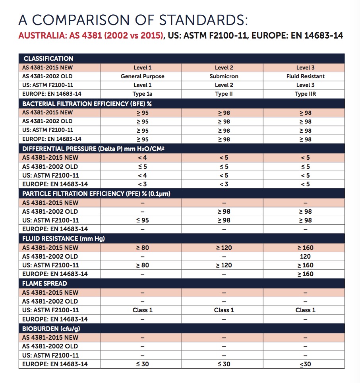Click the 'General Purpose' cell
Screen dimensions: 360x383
(142, 76)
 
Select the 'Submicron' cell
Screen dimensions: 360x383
(224, 76)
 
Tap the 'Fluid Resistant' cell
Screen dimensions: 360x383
(305, 76)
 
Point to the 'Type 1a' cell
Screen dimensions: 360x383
(142, 94)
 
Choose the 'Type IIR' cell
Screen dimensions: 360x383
(305, 94)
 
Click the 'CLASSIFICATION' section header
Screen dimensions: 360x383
(48, 59)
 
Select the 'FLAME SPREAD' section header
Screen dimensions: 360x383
(45, 284)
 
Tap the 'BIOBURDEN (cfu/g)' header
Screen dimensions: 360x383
(51, 329)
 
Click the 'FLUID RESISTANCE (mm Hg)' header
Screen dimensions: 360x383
(64, 239)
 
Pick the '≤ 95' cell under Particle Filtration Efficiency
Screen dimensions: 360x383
(142, 221)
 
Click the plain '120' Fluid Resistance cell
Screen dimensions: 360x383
(305, 257)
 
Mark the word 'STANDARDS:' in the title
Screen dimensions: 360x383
(204, 20)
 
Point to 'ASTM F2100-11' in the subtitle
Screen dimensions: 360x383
(215, 36)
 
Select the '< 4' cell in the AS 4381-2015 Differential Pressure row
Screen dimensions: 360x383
(142, 158)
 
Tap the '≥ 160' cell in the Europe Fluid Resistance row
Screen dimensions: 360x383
(305, 274)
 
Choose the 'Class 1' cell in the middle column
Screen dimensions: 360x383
(224, 310)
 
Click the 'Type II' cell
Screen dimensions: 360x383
(224, 94)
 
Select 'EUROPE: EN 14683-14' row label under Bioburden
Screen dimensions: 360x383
(55, 364)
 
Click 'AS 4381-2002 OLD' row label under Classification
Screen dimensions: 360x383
(47, 76)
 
